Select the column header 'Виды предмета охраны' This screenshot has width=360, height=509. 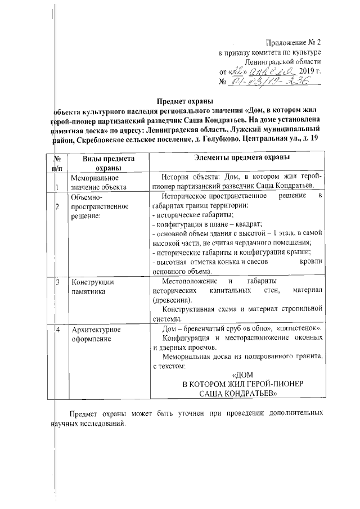pos(101,163)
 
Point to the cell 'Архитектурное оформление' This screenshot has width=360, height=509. pos(95,334)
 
